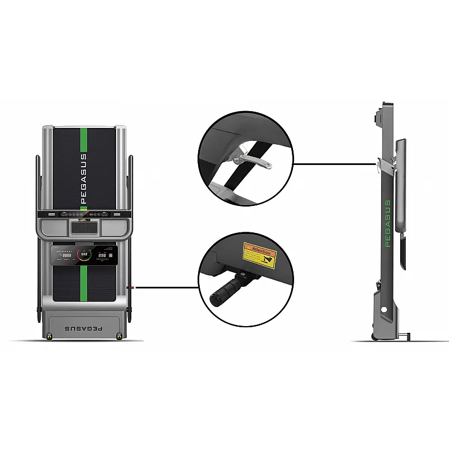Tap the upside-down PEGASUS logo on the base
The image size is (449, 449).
click(x=84, y=327)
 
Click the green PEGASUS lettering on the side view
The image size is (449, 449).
click(x=387, y=223)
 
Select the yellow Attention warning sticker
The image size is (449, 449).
click(x=259, y=255)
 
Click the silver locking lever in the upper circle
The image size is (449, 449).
click(x=253, y=161)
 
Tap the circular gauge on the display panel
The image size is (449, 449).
click(x=85, y=255)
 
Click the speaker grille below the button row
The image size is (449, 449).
click(x=84, y=227)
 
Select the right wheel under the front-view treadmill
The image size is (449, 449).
click(x=118, y=336)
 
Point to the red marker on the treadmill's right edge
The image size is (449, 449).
click(x=131, y=287)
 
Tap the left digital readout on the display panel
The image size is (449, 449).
click(x=66, y=255)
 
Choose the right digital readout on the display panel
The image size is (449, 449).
click(x=103, y=255)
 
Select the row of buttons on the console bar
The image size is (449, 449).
click(x=84, y=214)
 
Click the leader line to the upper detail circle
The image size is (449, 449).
click(x=334, y=164)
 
